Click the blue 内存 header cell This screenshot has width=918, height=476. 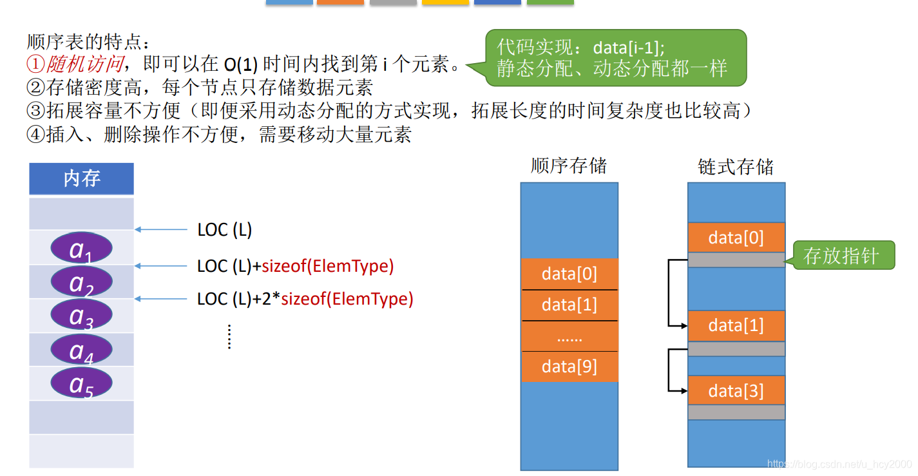pyautogui.click(x=81, y=178)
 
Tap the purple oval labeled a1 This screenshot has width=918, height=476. pyautogui.click(x=81, y=249)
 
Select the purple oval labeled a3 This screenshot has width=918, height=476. pyautogui.click(x=81, y=316)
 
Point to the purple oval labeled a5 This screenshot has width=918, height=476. pyautogui.click(x=81, y=383)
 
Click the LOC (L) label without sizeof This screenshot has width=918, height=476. pyautogui.click(x=224, y=230)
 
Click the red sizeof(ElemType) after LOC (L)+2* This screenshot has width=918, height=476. pyautogui.click(x=347, y=299)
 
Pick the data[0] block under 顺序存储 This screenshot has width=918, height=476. pyautogui.click(x=569, y=274)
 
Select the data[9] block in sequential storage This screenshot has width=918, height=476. pyautogui.click(x=569, y=367)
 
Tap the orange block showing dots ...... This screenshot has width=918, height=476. pyautogui.click(x=569, y=336)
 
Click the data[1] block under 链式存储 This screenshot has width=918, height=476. pyautogui.click(x=736, y=326)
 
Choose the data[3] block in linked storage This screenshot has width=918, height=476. pyautogui.click(x=736, y=391)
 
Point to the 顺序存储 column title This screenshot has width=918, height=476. pyautogui.click(x=569, y=166)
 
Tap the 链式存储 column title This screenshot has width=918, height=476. pyautogui.click(x=736, y=167)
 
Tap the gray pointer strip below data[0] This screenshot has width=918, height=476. pyautogui.click(x=736, y=260)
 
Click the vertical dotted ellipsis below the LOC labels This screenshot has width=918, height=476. pyautogui.click(x=229, y=336)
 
